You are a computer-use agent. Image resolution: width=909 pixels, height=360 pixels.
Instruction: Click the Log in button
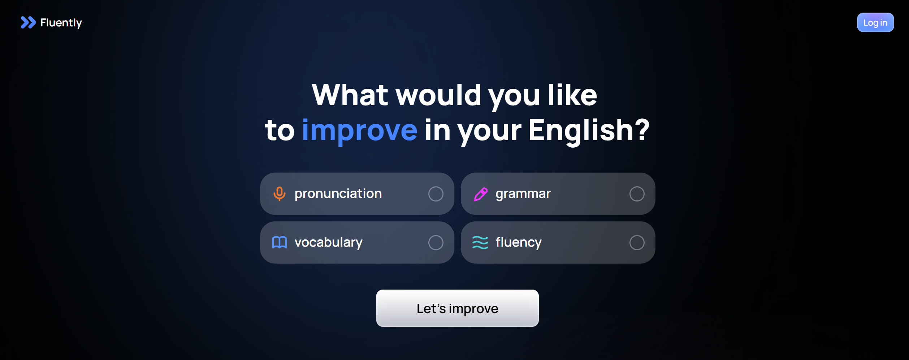(875, 22)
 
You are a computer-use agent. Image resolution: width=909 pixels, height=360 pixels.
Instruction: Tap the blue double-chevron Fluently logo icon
(28, 22)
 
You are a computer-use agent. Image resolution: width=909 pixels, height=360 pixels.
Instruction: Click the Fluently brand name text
(61, 23)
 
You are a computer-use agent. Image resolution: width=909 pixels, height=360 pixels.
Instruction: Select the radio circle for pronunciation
(436, 194)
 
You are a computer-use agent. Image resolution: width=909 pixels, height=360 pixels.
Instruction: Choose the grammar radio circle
(637, 194)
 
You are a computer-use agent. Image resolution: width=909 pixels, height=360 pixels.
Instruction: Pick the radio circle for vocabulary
(436, 243)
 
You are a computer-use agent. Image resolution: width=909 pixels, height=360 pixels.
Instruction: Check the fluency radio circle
(637, 243)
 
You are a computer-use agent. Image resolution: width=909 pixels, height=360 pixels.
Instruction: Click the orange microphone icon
(279, 194)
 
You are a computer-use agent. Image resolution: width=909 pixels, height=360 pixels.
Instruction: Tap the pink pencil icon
(480, 194)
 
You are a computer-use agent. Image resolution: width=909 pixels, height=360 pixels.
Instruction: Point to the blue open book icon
(279, 242)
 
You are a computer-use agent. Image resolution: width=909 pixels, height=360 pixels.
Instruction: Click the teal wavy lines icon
(480, 242)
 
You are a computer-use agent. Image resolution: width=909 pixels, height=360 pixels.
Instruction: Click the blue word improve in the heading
(360, 131)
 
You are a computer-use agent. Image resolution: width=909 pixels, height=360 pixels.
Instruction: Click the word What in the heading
(350, 95)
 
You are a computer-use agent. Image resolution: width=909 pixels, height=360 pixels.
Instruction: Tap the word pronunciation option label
(338, 194)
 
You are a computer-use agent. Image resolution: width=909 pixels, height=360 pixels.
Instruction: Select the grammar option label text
(523, 194)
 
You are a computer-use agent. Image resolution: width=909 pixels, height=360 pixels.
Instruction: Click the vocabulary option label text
(328, 242)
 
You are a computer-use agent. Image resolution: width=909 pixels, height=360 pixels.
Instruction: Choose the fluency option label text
(518, 242)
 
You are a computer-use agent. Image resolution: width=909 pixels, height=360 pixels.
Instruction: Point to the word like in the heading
(572, 95)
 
